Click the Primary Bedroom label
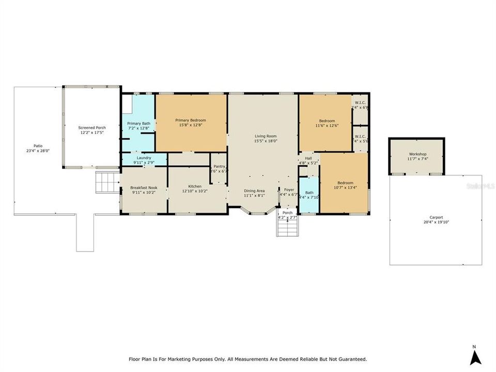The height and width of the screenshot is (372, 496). pyautogui.click(x=191, y=119)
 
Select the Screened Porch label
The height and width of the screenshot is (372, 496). pyautogui.click(x=91, y=127)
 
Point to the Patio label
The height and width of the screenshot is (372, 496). pyautogui.click(x=38, y=146)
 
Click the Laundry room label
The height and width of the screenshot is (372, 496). pyautogui.click(x=144, y=158)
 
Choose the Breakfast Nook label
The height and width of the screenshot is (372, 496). pyautogui.click(x=144, y=187)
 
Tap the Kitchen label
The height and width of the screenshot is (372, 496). pyautogui.click(x=194, y=186)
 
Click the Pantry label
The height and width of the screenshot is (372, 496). pyautogui.click(x=219, y=166)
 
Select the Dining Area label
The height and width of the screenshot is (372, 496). pyautogui.click(x=254, y=190)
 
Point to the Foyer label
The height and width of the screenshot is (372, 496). pyautogui.click(x=289, y=190)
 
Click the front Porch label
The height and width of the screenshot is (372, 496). pyautogui.click(x=287, y=213)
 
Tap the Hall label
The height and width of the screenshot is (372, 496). pyautogui.click(x=308, y=158)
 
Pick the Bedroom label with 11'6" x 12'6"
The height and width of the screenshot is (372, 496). pyautogui.click(x=326, y=121)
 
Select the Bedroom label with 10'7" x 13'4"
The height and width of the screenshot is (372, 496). pyautogui.click(x=345, y=183)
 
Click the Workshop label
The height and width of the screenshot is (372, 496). pyautogui.click(x=417, y=154)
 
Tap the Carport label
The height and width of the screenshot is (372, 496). pyautogui.click(x=436, y=218)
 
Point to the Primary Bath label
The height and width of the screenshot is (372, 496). pyautogui.click(x=138, y=123)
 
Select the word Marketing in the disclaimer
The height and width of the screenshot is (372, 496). pyautogui.click(x=197, y=359)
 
